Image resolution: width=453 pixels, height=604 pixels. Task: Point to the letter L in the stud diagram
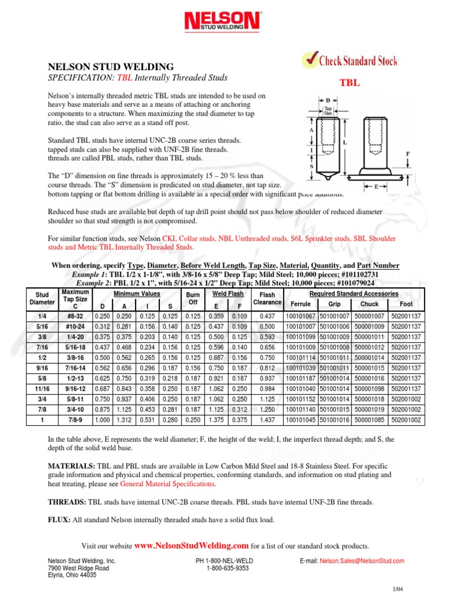tap(344, 143)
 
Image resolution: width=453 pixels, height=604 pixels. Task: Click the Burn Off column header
tap(193, 298)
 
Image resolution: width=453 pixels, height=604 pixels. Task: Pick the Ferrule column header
tap(301, 304)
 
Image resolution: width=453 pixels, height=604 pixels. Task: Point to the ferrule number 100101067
tap(301, 316)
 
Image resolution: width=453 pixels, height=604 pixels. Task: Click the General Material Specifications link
tap(168, 483)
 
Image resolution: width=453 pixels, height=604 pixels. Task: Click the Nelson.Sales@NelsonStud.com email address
tap(362, 561)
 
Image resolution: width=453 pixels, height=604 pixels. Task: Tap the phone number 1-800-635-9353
tap(227, 569)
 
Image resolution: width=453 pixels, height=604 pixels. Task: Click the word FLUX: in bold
tap(58, 520)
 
